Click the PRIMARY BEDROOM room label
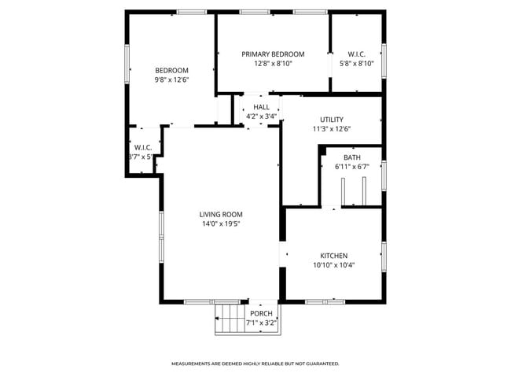pos(272,54)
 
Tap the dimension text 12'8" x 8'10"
pos(272,64)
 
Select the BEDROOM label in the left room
pos(171,70)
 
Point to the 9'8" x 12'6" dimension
pos(171,79)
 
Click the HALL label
pos(261,107)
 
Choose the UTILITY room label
pos(331,120)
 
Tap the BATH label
pos(351,157)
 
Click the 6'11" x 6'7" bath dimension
pos(351,167)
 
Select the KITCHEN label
pos(333,256)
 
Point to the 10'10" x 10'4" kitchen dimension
pos(333,265)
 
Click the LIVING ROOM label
pos(220,214)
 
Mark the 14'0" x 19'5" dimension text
pos(220,223)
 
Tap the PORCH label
pos(261,313)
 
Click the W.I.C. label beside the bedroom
pos(142,147)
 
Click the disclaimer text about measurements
pos(256,364)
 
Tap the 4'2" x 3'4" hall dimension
pos(261,116)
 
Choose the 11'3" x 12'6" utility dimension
pos(331,129)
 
